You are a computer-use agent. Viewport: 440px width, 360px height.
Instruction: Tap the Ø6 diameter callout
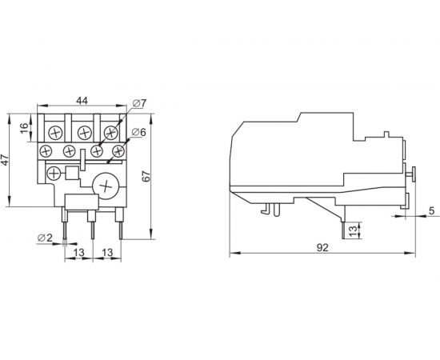point(137,133)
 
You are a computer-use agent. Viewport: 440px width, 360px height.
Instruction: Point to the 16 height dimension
point(25,128)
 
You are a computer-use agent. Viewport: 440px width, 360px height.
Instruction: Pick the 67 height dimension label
point(146,178)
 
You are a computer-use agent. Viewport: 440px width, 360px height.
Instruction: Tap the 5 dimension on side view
point(431,211)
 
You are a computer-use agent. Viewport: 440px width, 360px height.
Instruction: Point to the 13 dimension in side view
point(354,231)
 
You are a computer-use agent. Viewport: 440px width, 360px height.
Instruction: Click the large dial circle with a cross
point(106,186)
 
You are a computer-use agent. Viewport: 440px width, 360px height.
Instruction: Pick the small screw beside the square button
point(54,172)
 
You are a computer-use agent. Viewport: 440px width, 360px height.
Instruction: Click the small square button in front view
point(71,173)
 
